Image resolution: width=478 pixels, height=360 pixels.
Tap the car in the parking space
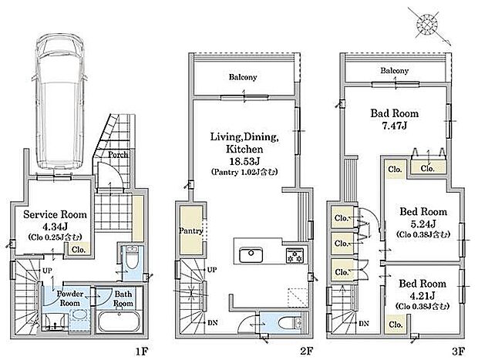tap(60, 101)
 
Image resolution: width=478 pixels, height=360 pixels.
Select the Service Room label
tap(55, 214)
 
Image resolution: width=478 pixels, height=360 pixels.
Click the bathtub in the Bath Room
tap(119, 322)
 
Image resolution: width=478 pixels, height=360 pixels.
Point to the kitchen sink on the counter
tap(251, 255)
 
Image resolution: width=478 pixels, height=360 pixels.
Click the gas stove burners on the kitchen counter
tap(295, 255)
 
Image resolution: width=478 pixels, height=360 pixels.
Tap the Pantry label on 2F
tap(191, 230)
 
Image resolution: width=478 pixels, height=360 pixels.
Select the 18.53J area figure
tap(244, 161)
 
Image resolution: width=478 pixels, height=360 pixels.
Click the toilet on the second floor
tap(289, 322)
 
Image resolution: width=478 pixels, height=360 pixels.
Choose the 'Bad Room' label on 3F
tap(395, 113)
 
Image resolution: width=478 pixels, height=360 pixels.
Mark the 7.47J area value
tap(395, 126)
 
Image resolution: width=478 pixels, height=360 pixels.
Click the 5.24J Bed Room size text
tap(423, 224)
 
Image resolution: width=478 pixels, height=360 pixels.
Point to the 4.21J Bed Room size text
tap(422, 295)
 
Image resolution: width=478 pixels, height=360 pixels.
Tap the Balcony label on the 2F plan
tap(243, 77)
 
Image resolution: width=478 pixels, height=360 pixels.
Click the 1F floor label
tap(142, 352)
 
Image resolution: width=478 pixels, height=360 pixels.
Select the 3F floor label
tap(458, 352)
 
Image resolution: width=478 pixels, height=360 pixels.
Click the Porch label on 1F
tap(118, 155)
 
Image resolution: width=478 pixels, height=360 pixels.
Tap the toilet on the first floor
tap(132, 259)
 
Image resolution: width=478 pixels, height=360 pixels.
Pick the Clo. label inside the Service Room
tap(79, 250)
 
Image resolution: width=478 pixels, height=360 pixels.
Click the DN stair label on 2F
tap(213, 322)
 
